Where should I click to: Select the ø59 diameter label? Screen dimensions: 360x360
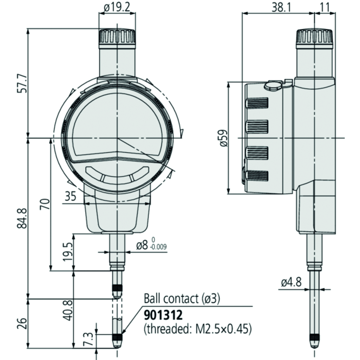[223, 138]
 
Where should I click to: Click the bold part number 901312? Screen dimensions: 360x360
[163, 316]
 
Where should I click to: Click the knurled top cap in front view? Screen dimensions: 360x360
[117, 37]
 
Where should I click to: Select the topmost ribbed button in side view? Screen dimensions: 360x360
[257, 103]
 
